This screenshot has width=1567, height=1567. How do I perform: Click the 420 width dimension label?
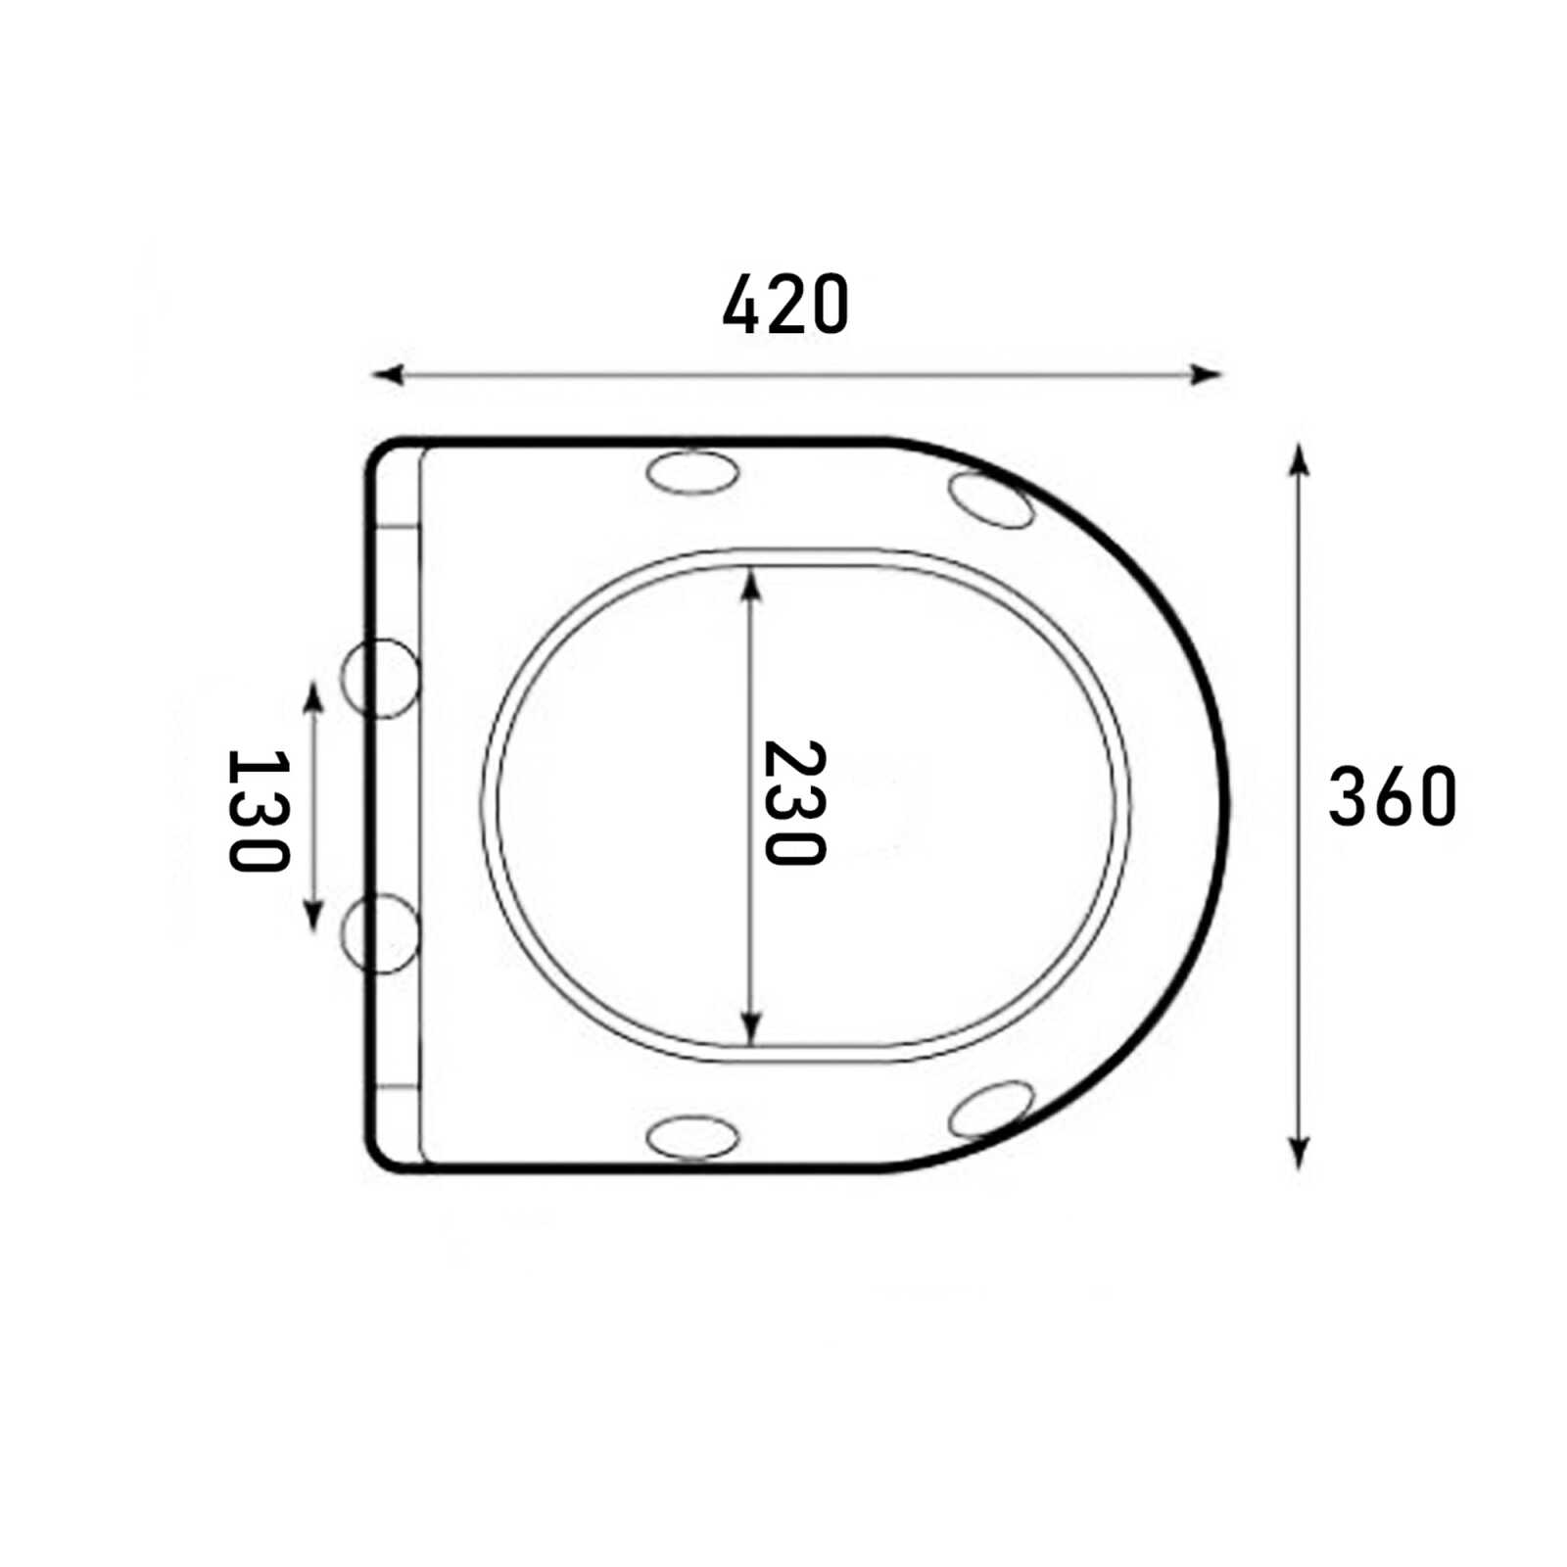pyautogui.click(x=785, y=305)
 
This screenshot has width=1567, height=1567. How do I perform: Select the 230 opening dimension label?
pyautogui.click(x=794, y=803)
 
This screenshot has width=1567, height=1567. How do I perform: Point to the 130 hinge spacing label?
pyautogui.click(x=259, y=810)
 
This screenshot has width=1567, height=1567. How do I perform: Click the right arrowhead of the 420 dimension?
pyautogui.click(x=1207, y=374)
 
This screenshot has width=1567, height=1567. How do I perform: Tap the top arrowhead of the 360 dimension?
pyautogui.click(x=1299, y=459)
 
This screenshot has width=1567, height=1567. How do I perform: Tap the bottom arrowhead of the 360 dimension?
pyautogui.click(x=1299, y=1153)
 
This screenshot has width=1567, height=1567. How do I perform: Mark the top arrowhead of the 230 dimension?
pyautogui.click(x=751, y=586)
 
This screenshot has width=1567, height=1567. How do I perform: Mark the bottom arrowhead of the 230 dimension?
pyautogui.click(x=751, y=1028)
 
